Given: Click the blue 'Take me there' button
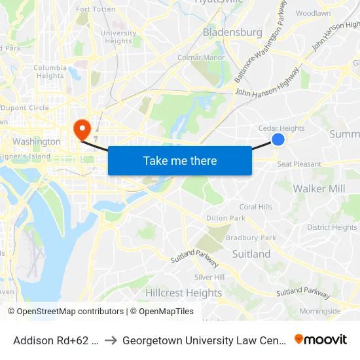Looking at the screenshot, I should pyautogui.click(x=180, y=160).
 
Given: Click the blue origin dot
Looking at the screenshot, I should pyautogui.click(x=278, y=139).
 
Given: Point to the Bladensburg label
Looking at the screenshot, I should pyautogui.click(x=232, y=32).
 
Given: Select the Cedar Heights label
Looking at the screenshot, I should pyautogui.click(x=281, y=128).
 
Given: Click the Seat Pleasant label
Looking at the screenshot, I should pyautogui.click(x=299, y=164).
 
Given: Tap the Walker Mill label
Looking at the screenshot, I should pyautogui.click(x=319, y=189).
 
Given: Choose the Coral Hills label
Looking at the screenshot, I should pyautogui.click(x=256, y=207).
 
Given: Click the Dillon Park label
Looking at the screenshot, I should pyautogui.click(x=226, y=218).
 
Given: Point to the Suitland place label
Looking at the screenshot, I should pyautogui.click(x=251, y=254).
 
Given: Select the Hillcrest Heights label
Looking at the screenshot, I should pyautogui.click(x=184, y=293).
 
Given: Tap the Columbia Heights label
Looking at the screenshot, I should pyautogui.click(x=50, y=71).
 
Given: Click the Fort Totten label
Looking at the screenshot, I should pyautogui.click(x=96, y=9).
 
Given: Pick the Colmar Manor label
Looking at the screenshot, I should pyautogui.click(x=202, y=58).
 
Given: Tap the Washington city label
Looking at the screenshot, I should pyautogui.click(x=37, y=141).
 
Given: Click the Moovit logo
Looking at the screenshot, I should pyautogui.click(x=321, y=340).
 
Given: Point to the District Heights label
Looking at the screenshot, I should pyautogui.click(x=332, y=228).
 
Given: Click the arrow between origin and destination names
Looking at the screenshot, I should pyautogui.click(x=111, y=340).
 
